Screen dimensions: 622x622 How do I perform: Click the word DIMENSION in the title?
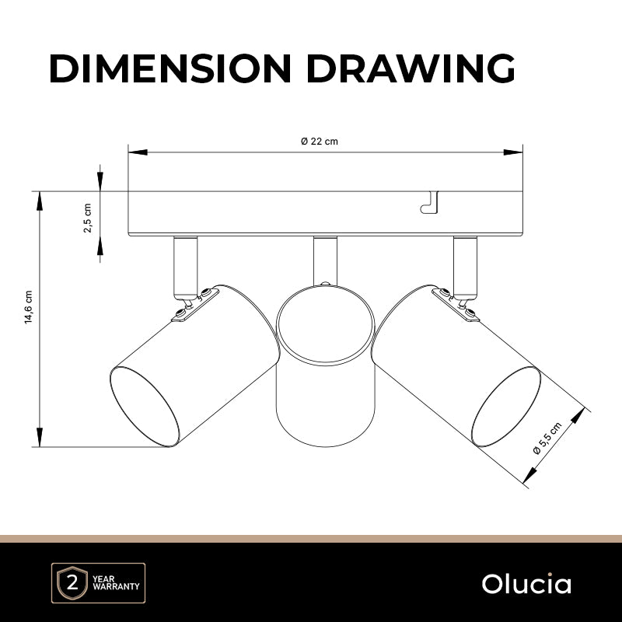(170, 68)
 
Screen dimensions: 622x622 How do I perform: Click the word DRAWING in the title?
(411, 68)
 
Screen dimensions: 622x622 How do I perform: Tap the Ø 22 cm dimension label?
(320, 142)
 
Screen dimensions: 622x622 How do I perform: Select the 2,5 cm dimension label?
(88, 218)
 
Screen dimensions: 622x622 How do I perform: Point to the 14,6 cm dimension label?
(28, 307)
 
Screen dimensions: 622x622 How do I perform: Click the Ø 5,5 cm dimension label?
(547, 438)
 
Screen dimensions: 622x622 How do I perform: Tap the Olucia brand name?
(526, 584)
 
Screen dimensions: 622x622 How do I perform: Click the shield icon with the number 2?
(72, 582)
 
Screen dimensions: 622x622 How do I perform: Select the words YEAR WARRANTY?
(116, 582)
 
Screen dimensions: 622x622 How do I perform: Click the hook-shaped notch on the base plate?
(430, 203)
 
